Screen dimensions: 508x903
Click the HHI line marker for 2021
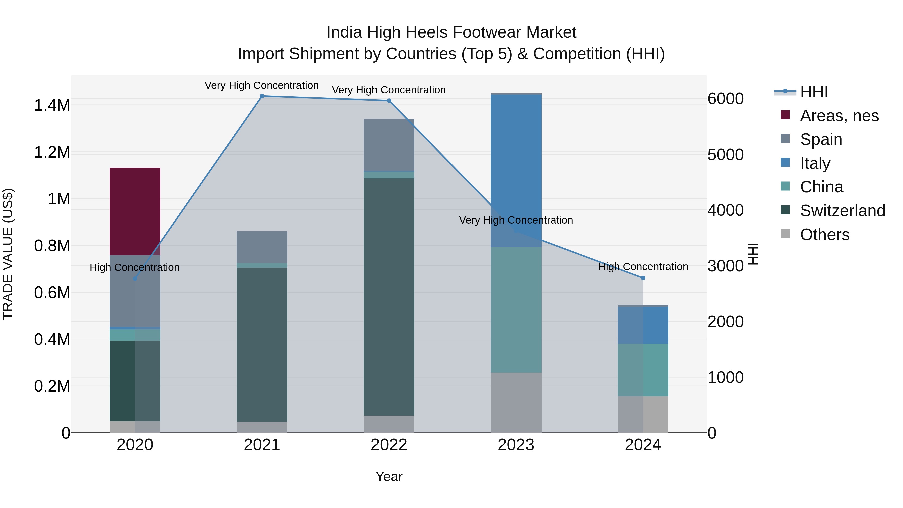tap(262, 96)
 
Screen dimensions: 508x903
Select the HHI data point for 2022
tap(389, 101)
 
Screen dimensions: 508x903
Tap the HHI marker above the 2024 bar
tap(643, 278)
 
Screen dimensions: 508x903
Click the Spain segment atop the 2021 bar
tap(262, 247)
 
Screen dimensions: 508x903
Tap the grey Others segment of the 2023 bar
tap(516, 402)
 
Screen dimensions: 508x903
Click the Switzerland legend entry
tap(842, 211)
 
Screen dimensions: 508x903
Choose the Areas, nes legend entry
tap(839, 116)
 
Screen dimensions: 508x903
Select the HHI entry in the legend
tap(814, 92)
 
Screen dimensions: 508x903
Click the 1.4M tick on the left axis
tap(52, 105)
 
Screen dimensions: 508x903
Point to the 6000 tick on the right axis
tap(725, 99)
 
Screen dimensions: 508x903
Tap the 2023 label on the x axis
tap(516, 445)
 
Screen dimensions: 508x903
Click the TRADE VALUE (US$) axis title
tap(8, 254)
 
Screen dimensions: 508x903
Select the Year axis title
tap(389, 476)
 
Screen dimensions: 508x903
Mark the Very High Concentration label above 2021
tap(262, 85)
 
